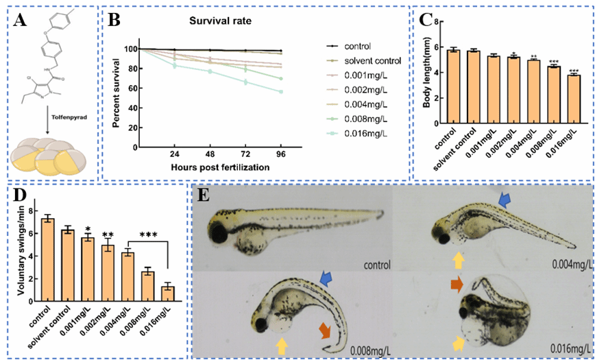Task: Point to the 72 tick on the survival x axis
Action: (246, 155)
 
